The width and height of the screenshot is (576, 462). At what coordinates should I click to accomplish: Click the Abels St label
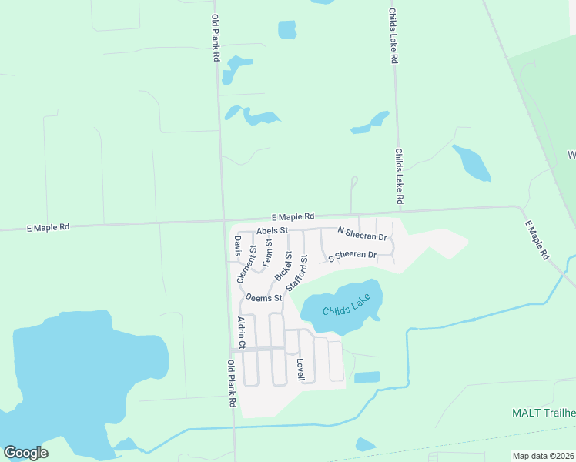click(x=272, y=230)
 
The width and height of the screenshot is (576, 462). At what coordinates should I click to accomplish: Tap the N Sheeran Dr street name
click(x=362, y=231)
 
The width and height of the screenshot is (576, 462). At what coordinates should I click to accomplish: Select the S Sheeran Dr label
click(x=352, y=256)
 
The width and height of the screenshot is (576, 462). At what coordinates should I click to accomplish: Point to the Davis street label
click(x=237, y=246)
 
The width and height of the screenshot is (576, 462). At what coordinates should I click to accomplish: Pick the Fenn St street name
click(x=267, y=253)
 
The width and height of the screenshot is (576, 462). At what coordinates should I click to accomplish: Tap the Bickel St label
click(x=283, y=266)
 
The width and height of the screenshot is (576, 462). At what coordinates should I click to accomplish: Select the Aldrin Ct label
click(x=240, y=333)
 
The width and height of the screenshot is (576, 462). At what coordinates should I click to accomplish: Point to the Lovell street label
click(x=300, y=369)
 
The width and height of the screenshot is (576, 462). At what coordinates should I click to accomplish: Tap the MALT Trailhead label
click(x=544, y=413)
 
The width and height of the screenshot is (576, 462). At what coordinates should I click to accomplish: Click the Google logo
click(x=25, y=452)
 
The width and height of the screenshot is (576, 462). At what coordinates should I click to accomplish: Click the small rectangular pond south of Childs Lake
click(x=367, y=377)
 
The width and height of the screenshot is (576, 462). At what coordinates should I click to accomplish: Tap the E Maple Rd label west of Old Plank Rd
click(x=48, y=228)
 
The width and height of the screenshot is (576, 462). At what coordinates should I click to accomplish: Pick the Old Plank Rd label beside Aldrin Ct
click(x=231, y=383)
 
